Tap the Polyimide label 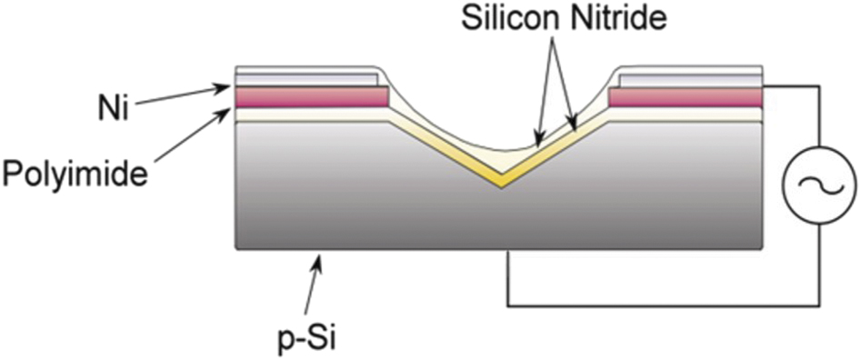coord(75,173)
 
